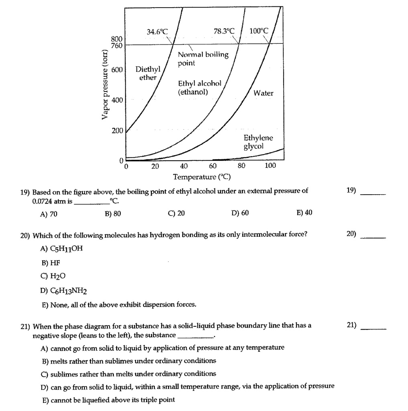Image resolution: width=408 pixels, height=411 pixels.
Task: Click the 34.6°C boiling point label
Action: click(x=158, y=31)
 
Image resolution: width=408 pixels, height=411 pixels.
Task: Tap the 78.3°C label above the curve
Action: click(x=224, y=31)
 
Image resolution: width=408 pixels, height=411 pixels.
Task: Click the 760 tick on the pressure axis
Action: click(x=116, y=45)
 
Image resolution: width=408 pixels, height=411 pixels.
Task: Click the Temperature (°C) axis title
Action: click(x=202, y=177)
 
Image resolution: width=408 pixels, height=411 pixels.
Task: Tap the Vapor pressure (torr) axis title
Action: click(x=105, y=85)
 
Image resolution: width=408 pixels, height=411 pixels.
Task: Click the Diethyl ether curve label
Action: click(x=148, y=73)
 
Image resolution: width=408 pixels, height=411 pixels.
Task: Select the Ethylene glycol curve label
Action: click(x=258, y=142)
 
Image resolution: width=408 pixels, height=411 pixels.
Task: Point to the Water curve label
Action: click(x=263, y=93)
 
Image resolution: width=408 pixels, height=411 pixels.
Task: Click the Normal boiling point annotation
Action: click(x=203, y=59)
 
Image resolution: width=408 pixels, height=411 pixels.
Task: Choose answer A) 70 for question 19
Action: click(x=49, y=214)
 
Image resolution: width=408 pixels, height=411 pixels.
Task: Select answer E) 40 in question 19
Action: click(x=304, y=213)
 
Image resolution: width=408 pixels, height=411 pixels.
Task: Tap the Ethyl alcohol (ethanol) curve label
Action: click(x=199, y=87)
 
